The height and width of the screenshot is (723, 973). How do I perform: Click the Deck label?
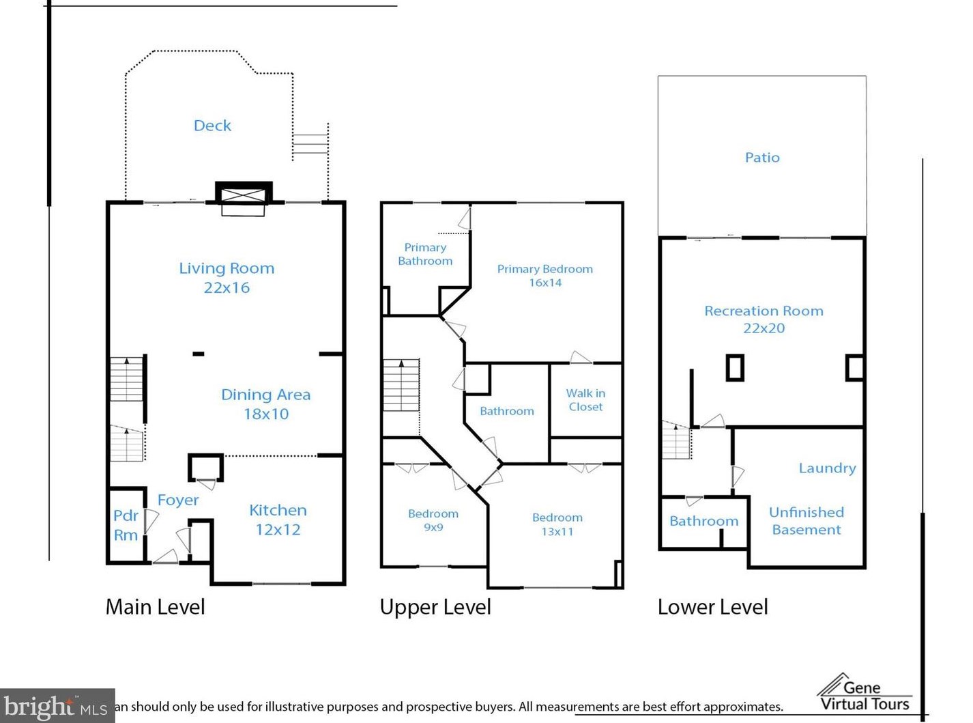(212, 126)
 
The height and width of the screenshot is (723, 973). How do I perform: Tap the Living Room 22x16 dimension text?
(227, 287)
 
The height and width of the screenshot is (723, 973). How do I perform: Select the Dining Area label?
(266, 394)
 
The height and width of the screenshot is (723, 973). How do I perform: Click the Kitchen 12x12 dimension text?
(278, 529)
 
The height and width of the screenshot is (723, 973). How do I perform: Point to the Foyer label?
(178, 500)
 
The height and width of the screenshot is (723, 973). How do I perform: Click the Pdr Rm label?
(126, 525)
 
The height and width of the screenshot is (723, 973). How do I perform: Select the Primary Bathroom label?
(425, 254)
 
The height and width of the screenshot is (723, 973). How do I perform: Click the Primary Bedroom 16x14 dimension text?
(545, 282)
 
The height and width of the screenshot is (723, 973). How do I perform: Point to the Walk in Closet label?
(585, 399)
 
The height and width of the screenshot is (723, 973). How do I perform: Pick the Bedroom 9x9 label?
(433, 520)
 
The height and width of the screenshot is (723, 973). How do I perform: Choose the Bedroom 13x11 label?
(557, 524)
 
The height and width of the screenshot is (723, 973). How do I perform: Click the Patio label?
(762, 157)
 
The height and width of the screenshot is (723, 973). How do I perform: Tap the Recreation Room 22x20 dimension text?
(764, 328)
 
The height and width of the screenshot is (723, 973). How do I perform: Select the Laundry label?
(827, 468)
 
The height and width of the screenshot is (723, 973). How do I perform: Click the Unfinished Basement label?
(807, 521)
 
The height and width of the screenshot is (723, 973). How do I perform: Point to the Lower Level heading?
(713, 607)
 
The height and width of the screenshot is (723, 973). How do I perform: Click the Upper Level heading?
(435, 607)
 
